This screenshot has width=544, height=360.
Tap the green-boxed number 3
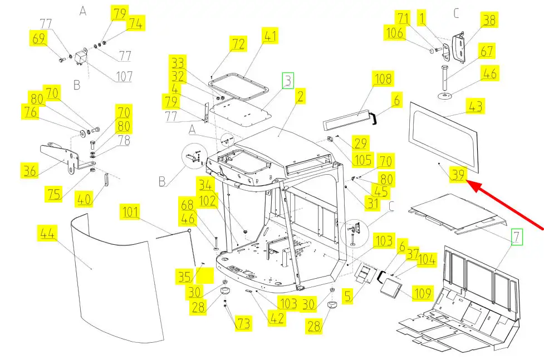[x=287, y=81]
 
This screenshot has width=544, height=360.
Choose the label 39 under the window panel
[x=458, y=175]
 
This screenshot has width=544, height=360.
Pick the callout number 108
[x=384, y=78]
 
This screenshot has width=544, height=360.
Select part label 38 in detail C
[x=489, y=21]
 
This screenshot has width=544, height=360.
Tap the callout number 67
[x=487, y=51]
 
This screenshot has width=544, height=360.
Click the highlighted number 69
[x=38, y=39]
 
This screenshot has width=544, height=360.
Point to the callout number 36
[x=30, y=170]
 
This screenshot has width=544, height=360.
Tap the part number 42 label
[x=277, y=318]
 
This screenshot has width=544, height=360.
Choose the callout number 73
[x=243, y=323]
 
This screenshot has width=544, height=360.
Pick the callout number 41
[x=270, y=37]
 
